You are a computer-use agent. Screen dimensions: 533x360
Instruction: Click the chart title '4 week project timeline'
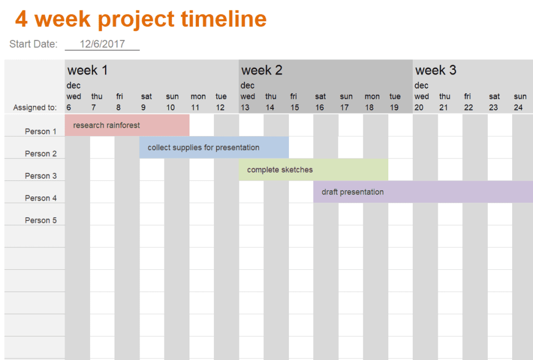141,19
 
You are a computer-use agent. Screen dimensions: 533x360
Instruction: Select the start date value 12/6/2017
103,44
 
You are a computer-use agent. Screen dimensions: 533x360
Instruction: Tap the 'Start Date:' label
33,44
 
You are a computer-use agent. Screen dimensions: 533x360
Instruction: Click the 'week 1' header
87,70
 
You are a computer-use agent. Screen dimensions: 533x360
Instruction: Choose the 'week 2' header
262,70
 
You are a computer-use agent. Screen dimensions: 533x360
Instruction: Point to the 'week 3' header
436,70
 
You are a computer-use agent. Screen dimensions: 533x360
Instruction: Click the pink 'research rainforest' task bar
127,125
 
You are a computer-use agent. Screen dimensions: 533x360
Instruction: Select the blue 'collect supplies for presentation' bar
214,147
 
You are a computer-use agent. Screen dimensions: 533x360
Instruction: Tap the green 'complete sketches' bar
313,169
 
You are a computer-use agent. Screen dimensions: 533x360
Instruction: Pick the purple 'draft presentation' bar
423,192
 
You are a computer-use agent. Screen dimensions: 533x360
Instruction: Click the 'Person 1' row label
41,131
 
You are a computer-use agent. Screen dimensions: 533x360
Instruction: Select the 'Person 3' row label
41,176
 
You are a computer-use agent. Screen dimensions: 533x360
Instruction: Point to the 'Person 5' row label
41,220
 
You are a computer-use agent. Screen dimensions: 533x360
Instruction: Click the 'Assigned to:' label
35,107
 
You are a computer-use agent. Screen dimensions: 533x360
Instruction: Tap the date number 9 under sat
144,107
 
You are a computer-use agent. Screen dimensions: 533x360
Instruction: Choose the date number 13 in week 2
245,107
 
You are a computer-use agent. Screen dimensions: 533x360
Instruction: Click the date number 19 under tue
395,107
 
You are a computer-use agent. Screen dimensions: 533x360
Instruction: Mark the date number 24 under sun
518,107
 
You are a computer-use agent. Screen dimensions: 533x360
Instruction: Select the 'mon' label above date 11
198,96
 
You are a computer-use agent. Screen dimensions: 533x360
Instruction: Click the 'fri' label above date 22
468,96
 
